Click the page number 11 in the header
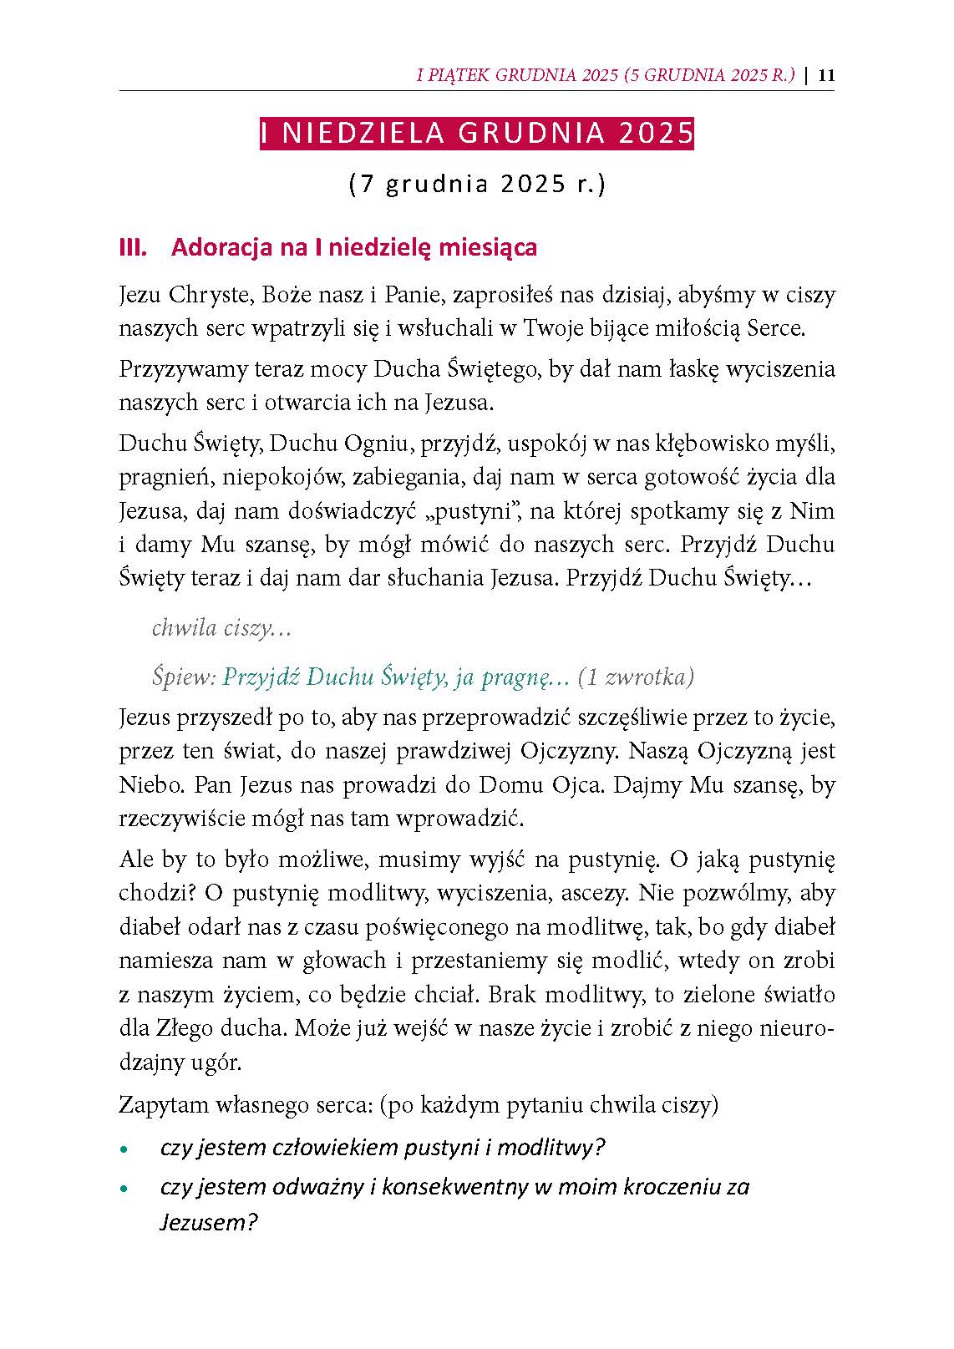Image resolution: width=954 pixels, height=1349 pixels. [826, 75]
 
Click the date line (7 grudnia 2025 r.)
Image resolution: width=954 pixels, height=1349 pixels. [476, 184]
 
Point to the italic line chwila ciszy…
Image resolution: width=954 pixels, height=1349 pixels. [221, 628]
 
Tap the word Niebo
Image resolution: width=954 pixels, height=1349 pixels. [145, 785]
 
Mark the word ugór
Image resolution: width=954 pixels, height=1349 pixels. [216, 1062]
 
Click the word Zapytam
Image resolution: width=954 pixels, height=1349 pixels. [162, 1104]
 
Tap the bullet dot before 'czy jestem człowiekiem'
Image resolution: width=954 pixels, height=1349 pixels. [124, 1150]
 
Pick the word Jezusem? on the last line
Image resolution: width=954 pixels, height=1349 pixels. [208, 1223]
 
